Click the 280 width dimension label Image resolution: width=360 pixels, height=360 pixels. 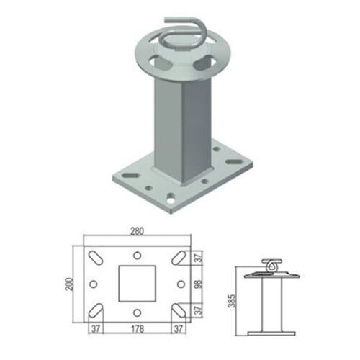pos(138,231)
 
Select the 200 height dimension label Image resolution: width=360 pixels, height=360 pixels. pos(69,284)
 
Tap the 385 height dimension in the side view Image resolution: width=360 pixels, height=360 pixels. pos(232,300)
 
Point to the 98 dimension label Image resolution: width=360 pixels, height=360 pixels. pos(199,284)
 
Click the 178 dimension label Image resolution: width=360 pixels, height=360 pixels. pos(138,328)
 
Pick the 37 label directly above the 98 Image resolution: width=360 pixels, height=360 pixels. pos(199,258)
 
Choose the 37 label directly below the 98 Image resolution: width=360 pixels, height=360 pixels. pos(199,310)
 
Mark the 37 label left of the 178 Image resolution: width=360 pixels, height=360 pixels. pos(96,328)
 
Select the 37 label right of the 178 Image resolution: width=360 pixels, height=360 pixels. pos(179,328)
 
